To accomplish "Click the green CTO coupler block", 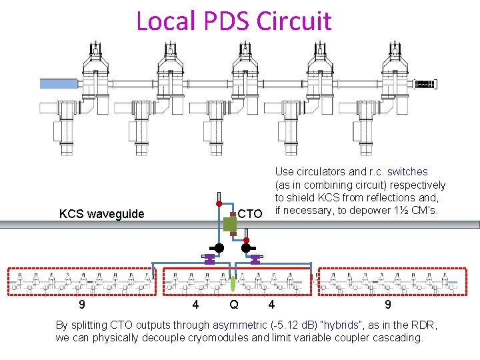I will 230,224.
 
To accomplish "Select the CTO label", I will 250,214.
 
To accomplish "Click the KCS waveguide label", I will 101,214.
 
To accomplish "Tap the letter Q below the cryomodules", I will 233,305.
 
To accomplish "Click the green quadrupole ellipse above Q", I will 233,283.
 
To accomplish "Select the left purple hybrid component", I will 209,260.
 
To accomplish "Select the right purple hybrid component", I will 255,260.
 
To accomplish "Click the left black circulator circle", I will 218,248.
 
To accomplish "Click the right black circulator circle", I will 245,248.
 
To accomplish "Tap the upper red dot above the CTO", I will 219,203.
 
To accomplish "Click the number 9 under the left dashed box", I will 81,305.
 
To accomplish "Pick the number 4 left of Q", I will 195,305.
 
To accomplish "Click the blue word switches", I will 407,171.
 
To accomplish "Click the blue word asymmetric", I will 241,325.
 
